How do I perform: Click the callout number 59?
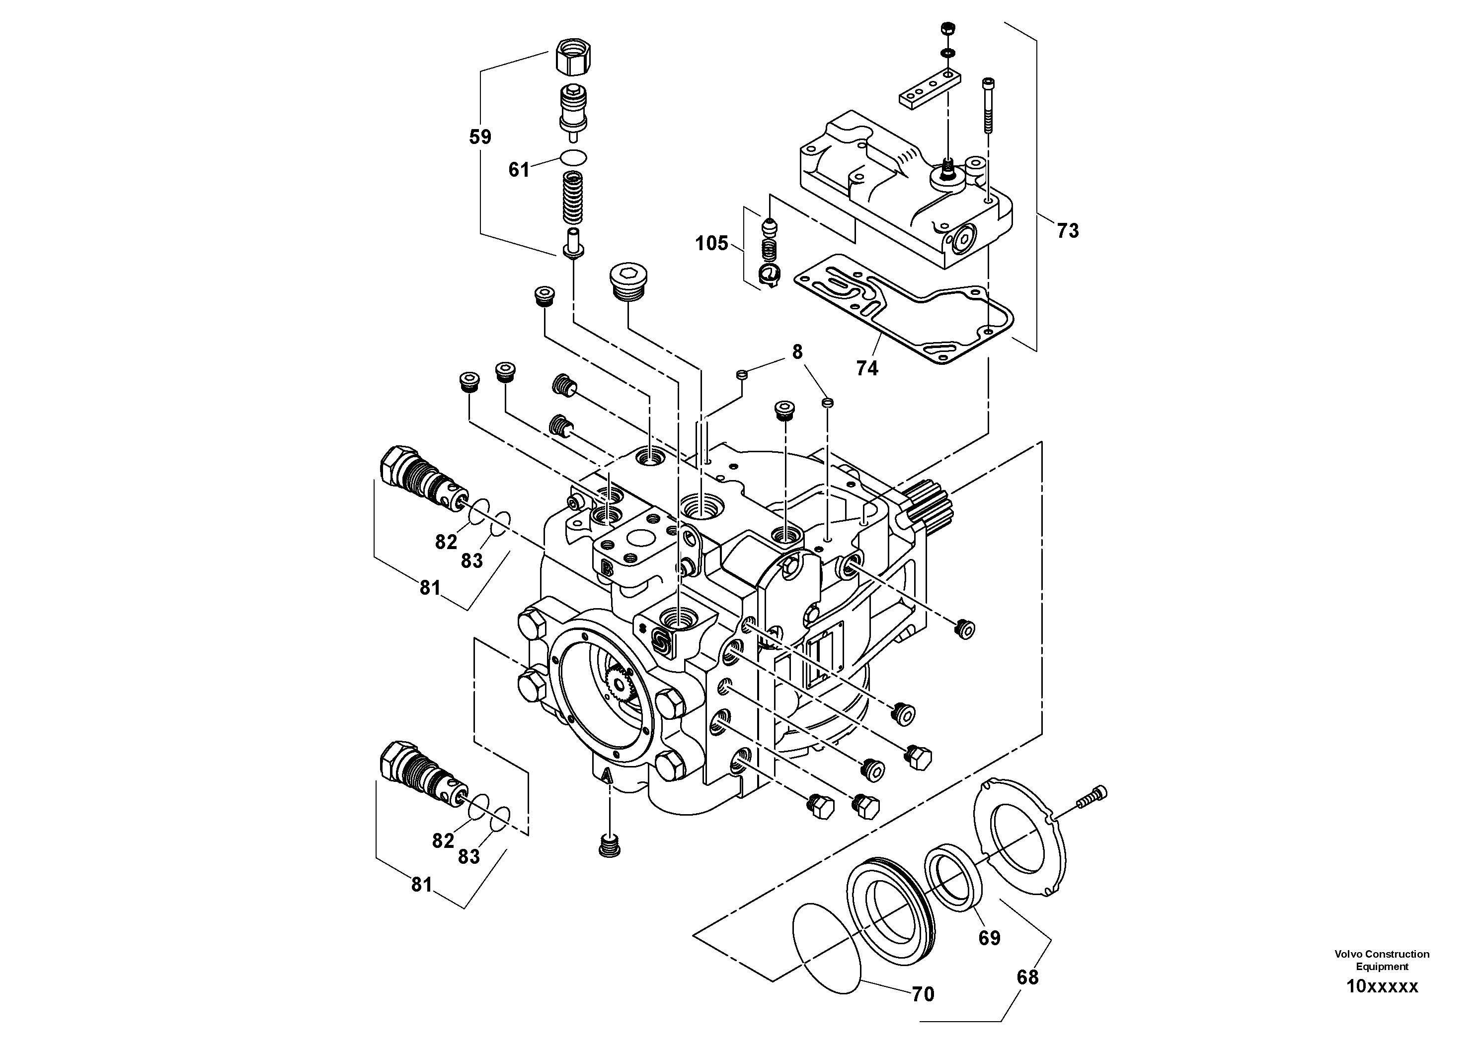click(480, 137)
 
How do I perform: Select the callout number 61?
click(519, 170)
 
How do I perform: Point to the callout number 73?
click(1067, 231)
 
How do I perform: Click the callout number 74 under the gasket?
click(867, 368)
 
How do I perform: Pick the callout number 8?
click(797, 352)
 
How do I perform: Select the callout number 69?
click(990, 938)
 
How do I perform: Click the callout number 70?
click(923, 994)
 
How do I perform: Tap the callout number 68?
click(1027, 977)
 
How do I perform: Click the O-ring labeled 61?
click(573, 156)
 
